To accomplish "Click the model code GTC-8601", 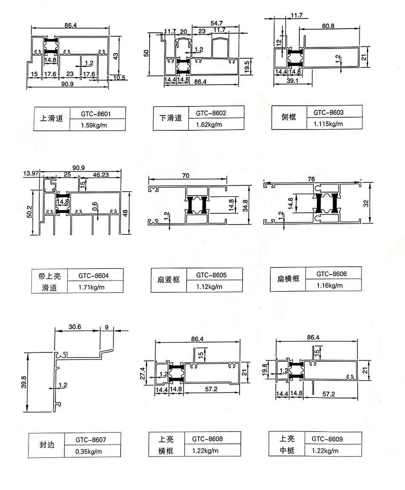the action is (95, 114).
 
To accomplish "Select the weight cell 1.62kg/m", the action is (209, 125).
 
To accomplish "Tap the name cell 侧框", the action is (288, 117).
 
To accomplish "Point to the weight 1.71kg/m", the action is (91, 287).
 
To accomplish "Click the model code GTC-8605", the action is (211, 275).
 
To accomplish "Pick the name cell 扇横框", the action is (288, 278).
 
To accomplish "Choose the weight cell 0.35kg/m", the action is (89, 452).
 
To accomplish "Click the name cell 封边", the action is (47, 445).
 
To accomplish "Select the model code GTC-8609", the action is (327, 439).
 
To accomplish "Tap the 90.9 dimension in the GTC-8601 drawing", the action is (67, 84).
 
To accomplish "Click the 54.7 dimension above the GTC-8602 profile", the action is (217, 23).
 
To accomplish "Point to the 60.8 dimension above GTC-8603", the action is (328, 26).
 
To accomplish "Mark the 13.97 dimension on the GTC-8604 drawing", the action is (31, 173).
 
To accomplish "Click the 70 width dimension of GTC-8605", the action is (186, 176).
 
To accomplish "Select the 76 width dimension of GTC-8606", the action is (311, 179).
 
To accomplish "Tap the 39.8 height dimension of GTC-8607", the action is (24, 382).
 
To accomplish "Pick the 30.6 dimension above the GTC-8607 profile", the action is (75, 327).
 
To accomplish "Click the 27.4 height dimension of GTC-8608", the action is (142, 373).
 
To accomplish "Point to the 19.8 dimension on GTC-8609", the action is (265, 370).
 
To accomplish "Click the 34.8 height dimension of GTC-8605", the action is (246, 206).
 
